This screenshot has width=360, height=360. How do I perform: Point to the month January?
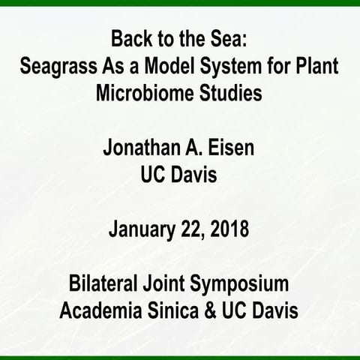point(144,229)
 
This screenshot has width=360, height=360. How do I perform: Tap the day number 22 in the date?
point(193,229)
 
